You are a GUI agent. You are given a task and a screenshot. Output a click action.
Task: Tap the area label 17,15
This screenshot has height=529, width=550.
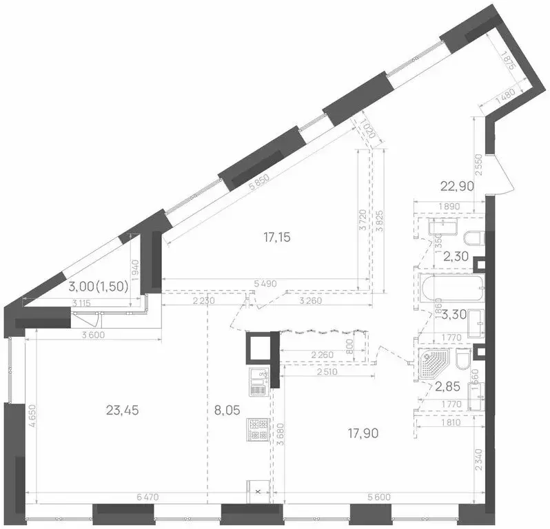click(x=277, y=238)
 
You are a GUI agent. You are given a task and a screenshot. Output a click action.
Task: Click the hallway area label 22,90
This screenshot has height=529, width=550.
click(x=458, y=184)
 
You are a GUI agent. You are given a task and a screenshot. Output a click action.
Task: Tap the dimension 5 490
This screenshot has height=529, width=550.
click(x=265, y=283)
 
